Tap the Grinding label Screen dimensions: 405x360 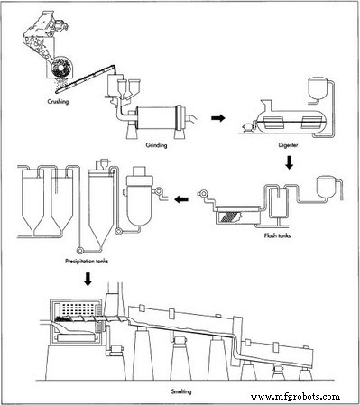pos(157,143)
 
